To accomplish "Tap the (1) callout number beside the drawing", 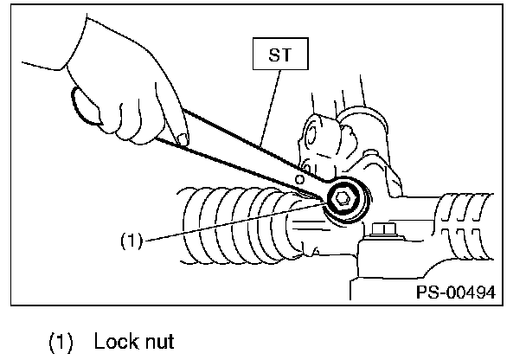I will [130, 241].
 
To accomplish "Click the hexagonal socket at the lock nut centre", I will [343, 199].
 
